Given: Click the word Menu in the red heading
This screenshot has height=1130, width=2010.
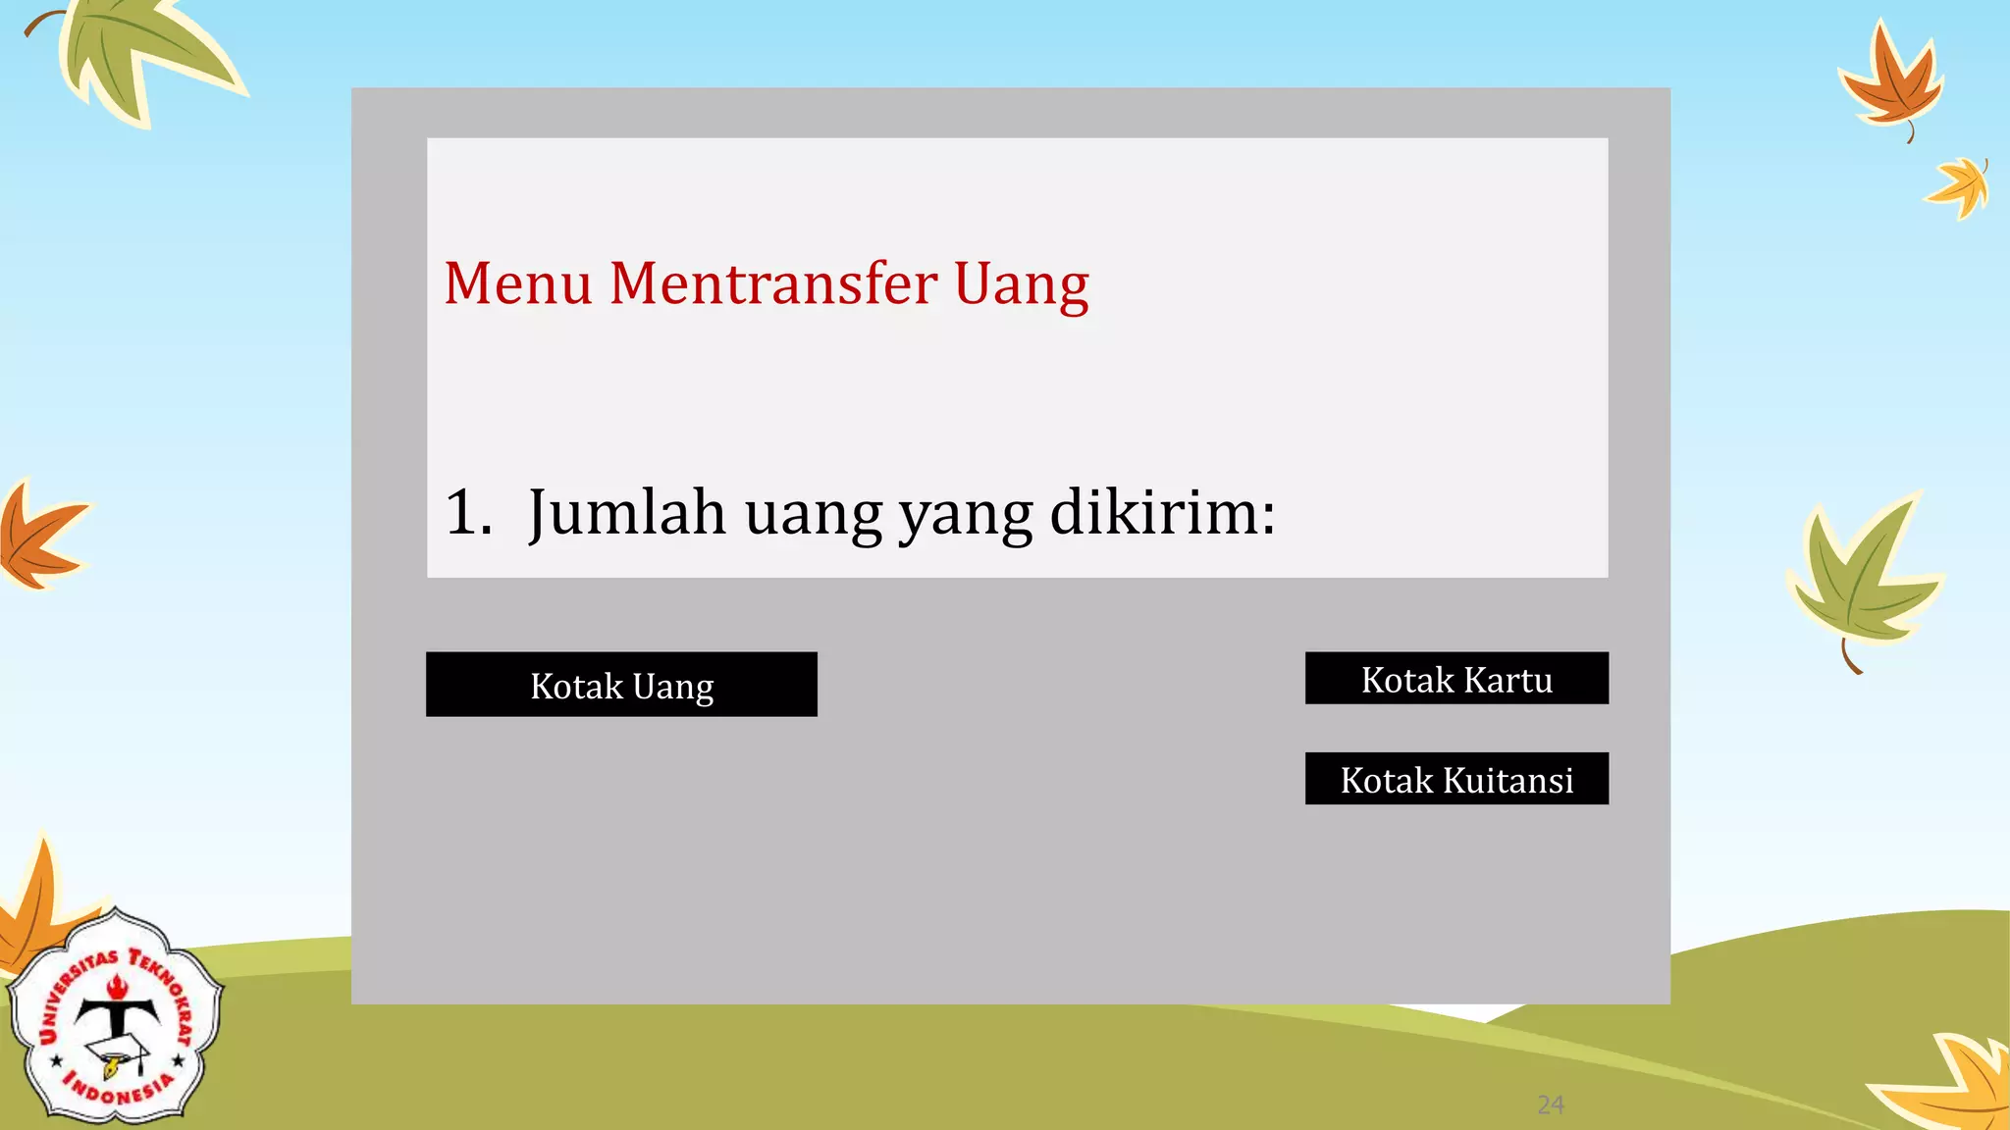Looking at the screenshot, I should click(x=517, y=284).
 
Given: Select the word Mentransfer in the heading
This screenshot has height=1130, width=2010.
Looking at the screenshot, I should click(x=772, y=284).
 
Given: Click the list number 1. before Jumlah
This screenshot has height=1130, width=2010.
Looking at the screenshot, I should click(x=467, y=512).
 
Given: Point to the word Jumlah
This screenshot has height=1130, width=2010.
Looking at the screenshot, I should click(x=626, y=512).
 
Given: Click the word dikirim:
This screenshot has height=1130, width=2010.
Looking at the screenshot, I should click(x=1162, y=512).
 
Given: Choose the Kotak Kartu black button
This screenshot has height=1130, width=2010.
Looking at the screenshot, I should click(x=1456, y=679).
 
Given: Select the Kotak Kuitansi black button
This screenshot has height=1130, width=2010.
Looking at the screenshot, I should click(x=1456, y=780).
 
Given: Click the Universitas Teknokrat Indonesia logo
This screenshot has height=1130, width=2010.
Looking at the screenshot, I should click(x=116, y=1018).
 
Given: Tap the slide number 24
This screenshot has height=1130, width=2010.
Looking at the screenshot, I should click(x=1551, y=1105).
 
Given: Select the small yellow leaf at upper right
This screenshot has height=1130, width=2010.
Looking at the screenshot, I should click(x=1961, y=186).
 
